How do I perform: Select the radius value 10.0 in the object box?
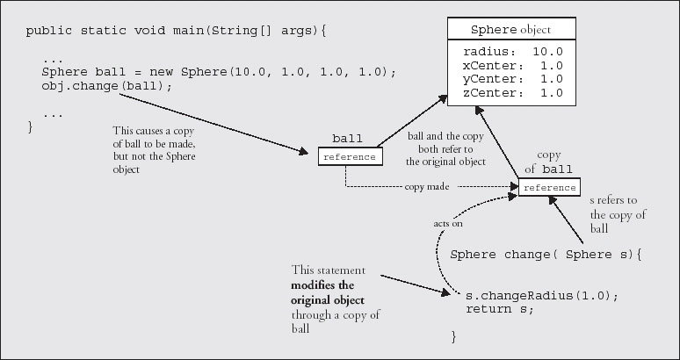(552, 52)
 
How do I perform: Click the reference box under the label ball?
(350, 157)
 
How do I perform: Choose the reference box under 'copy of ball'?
(549, 188)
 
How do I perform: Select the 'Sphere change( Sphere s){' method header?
(546, 255)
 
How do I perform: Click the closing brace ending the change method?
(454, 335)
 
